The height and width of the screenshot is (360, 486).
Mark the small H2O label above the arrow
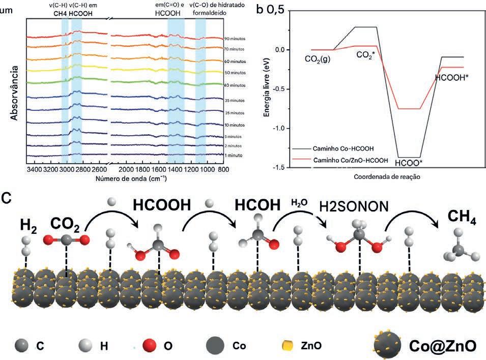click(299, 203)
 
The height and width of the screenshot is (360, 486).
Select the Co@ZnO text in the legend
click(443, 345)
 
